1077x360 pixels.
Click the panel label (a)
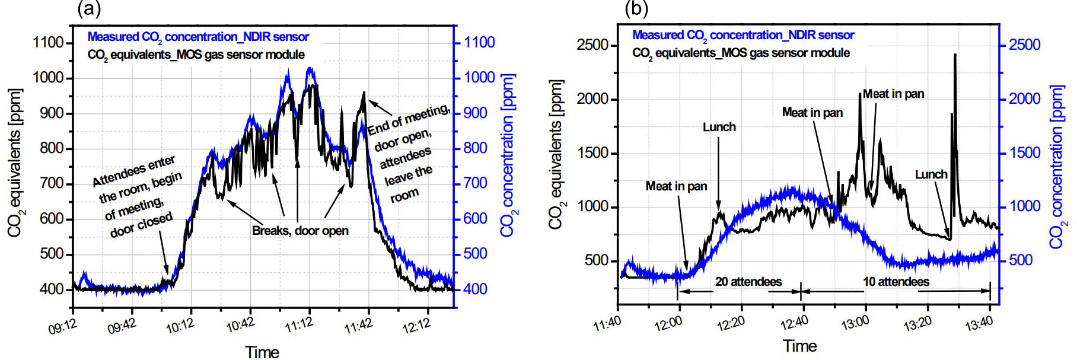(x=89, y=9)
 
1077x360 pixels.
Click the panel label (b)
(x=637, y=9)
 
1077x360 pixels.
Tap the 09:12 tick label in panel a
(x=63, y=327)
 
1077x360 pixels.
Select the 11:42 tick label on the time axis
(x=359, y=326)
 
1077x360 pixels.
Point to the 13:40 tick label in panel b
(x=979, y=324)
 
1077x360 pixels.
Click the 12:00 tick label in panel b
(x=668, y=324)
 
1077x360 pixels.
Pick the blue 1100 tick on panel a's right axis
(x=479, y=43)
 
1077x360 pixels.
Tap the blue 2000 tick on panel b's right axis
(x=1024, y=99)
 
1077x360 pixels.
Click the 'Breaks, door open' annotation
(x=300, y=231)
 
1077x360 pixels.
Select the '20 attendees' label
(x=748, y=282)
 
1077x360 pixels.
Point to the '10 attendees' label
(x=896, y=282)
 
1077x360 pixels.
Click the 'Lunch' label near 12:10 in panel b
(x=719, y=127)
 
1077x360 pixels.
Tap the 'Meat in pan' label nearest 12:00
(x=676, y=186)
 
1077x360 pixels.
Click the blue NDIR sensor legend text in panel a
(x=198, y=37)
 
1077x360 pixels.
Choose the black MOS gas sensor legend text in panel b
(x=741, y=53)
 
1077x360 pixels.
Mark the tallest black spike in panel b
(x=955, y=55)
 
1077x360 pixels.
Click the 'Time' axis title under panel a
(x=262, y=352)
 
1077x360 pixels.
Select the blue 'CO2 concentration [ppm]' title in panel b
(x=1058, y=167)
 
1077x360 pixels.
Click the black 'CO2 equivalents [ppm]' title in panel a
(x=14, y=163)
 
